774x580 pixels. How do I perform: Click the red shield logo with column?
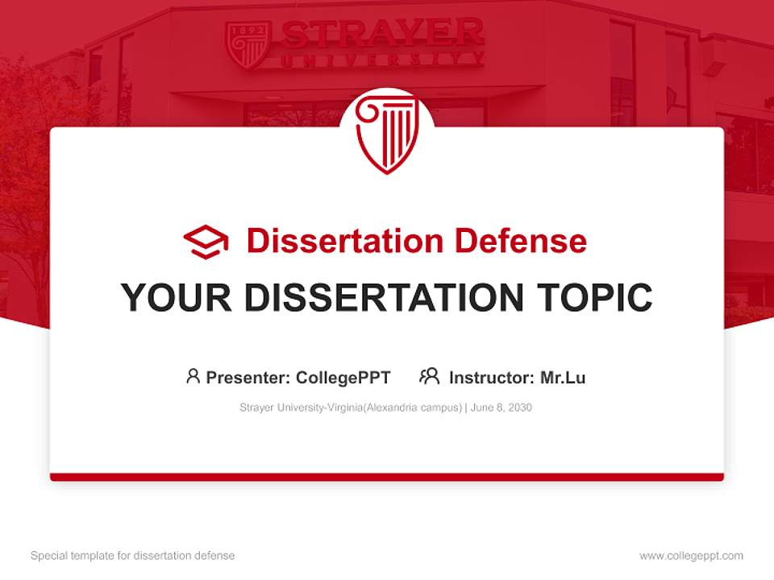[387, 134]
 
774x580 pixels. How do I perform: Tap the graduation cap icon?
[206, 241]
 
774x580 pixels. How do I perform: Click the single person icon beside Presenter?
[193, 376]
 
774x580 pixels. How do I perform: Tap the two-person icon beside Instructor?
[429, 376]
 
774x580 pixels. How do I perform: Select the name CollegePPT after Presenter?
[343, 377]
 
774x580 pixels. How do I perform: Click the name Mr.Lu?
[563, 377]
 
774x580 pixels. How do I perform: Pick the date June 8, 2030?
[501, 408]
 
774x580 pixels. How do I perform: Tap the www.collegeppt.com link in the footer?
[691, 556]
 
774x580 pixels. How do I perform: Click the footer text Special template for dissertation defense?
[133, 556]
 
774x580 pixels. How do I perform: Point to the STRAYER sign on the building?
[383, 34]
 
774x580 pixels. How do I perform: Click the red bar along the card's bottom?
[387, 477]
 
